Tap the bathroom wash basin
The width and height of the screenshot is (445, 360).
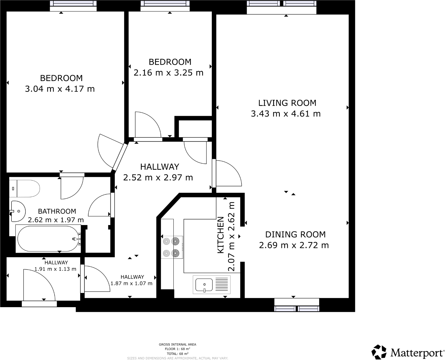[x=18, y=211]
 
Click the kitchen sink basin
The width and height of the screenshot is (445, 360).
[x=204, y=285]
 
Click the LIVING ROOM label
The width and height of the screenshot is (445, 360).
[x=287, y=103]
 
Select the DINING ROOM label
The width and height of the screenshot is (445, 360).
[x=295, y=234]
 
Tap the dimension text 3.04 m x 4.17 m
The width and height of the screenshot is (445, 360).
[x=60, y=89]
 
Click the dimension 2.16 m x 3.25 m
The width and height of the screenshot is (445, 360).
[x=168, y=73]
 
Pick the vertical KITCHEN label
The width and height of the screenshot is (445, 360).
[x=220, y=235]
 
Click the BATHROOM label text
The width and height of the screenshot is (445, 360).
[x=57, y=211]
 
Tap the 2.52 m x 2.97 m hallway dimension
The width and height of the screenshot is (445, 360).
[x=158, y=178]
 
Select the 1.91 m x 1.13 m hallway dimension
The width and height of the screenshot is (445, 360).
[x=56, y=269]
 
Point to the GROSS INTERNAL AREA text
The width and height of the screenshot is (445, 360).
[x=178, y=344]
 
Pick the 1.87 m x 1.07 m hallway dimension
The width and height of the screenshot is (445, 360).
[x=131, y=283]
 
